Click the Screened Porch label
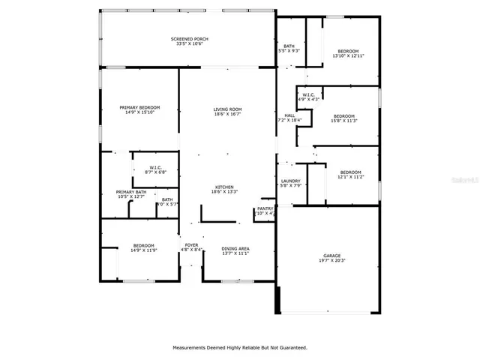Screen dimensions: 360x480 pyautogui.click(x=190, y=38)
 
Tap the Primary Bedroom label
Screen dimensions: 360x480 pyautogui.click(x=140, y=108)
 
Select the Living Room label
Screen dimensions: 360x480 pyautogui.click(x=227, y=109)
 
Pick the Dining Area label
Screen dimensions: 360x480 pyautogui.click(x=235, y=248)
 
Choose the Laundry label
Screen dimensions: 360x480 pyautogui.click(x=291, y=181)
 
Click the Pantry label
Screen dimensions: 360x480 pyautogui.click(x=265, y=208)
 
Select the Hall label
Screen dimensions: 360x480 pyautogui.click(x=289, y=115)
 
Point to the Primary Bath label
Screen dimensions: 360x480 pyautogui.click(x=131, y=192)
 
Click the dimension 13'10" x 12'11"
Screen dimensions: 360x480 pyautogui.click(x=348, y=56)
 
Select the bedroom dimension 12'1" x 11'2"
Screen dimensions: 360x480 pyautogui.click(x=350, y=177)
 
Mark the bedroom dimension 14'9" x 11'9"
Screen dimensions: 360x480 pyautogui.click(x=144, y=250)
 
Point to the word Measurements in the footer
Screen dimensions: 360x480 pyautogui.click(x=193, y=347)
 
